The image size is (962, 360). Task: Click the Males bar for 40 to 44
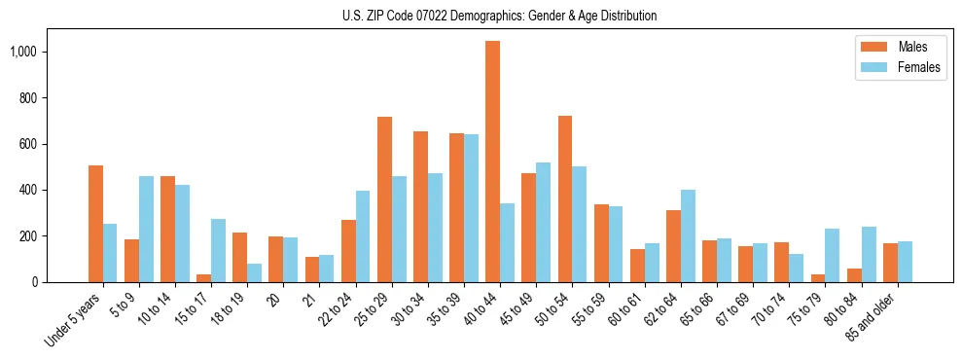tap(492, 162)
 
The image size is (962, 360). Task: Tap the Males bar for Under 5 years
tap(95, 224)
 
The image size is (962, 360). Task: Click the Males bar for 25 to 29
tap(384, 199)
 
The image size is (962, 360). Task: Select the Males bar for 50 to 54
tap(564, 198)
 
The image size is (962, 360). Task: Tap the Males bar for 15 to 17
tap(203, 278)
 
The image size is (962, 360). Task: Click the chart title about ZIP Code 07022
tap(499, 16)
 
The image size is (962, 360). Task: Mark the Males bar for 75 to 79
tap(818, 278)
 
